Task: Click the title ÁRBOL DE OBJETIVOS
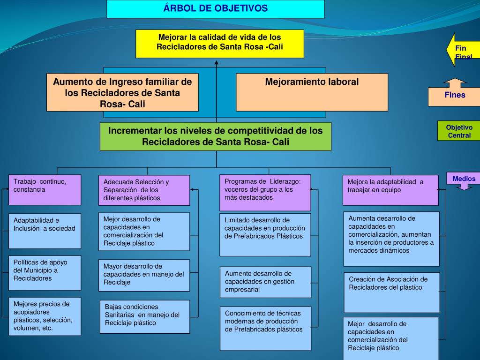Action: coord(216,9)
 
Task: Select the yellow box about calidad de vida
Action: coord(220,43)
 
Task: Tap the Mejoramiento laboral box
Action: coord(312,91)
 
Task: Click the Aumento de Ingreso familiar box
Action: coord(122,92)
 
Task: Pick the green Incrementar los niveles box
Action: coord(216,136)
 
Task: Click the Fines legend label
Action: coord(455,96)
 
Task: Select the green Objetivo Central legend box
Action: coord(459,131)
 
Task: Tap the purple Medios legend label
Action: coord(464,179)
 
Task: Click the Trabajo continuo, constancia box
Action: coord(45,189)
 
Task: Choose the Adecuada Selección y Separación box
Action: coord(144,190)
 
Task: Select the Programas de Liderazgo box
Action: coord(265,192)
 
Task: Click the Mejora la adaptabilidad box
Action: coord(390,190)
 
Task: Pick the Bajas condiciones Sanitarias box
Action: coord(144,316)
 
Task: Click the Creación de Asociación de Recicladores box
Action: coord(392,292)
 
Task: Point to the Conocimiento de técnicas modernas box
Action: coord(265,328)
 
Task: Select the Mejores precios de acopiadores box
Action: coord(45,316)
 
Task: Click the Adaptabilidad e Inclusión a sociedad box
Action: coord(45,231)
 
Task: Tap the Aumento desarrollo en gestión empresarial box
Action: coord(265,282)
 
